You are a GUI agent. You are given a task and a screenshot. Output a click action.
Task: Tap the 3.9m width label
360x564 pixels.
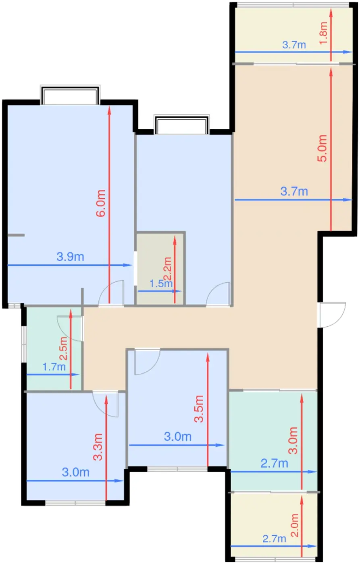point(70,257)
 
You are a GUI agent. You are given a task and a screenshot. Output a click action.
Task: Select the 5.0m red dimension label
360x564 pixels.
point(322,148)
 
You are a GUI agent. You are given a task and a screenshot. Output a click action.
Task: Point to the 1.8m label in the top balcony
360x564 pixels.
point(323,33)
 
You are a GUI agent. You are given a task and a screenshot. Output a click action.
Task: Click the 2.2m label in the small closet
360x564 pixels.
point(167,269)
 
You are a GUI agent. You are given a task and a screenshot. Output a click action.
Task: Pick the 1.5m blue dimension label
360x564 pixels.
point(161,284)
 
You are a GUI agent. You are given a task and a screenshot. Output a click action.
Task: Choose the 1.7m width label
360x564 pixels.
point(54,367)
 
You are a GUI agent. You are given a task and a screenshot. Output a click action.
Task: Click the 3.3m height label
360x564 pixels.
point(98,447)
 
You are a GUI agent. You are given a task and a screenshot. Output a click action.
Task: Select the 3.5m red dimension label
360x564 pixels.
point(199,408)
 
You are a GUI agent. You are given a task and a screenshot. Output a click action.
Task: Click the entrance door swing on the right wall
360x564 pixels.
point(331,315)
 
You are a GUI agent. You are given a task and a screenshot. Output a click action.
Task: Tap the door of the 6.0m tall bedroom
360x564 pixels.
point(111,293)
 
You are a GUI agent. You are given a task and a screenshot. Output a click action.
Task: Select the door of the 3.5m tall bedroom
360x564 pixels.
point(147,362)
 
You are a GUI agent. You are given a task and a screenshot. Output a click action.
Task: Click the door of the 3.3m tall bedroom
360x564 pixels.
point(106,404)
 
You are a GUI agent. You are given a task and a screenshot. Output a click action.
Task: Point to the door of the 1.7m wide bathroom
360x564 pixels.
point(70,328)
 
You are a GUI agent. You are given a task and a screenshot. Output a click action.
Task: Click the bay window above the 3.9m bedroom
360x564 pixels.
point(70,95)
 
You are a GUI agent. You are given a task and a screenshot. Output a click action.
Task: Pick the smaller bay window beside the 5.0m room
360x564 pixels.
point(181,124)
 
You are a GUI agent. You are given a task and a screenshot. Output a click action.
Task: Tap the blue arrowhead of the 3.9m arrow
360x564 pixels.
point(127,265)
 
